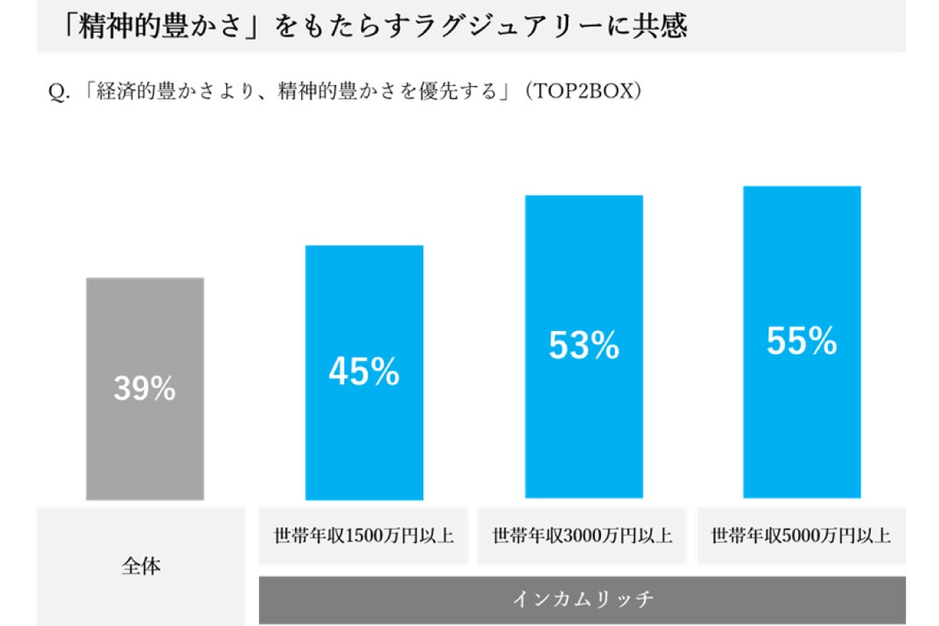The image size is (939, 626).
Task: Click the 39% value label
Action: (145, 389)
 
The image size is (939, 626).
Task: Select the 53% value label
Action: (584, 346)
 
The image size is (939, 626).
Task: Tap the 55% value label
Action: (802, 341)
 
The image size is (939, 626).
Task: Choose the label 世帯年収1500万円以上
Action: (364, 537)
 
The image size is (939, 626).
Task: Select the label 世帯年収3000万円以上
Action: (582, 537)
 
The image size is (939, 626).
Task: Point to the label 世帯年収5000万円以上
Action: (800, 537)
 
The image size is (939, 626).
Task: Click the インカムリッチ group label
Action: (582, 600)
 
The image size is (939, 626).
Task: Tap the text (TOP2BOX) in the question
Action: (584, 92)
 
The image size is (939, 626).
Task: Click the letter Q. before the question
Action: (60, 92)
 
